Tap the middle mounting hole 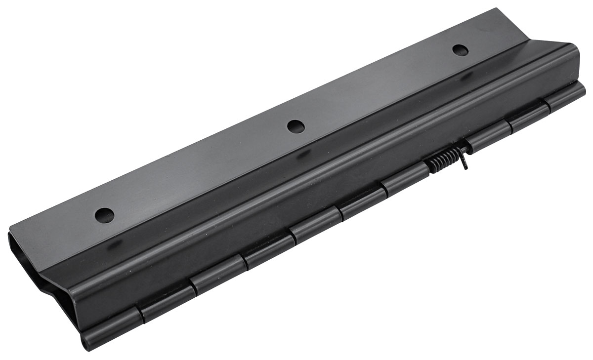point(295,126)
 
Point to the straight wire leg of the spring point(465,160)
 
